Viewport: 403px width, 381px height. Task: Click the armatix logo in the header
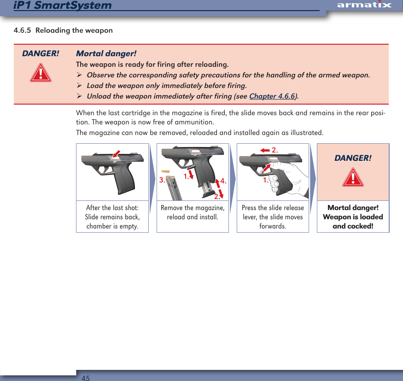click(364, 5)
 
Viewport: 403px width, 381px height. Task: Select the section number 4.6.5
click(22, 31)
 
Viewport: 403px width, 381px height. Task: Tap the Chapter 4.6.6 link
click(273, 96)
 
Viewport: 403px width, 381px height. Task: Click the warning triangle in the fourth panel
click(353, 178)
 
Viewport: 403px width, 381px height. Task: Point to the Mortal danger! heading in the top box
click(106, 54)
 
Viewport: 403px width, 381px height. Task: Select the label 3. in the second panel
click(162, 180)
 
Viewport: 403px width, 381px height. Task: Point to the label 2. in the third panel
click(275, 150)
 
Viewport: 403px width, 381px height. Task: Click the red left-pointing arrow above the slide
click(265, 150)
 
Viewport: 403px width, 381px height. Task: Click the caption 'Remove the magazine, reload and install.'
click(193, 212)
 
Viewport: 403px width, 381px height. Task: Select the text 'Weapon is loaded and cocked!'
click(353, 222)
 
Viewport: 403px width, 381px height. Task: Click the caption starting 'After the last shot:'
click(112, 217)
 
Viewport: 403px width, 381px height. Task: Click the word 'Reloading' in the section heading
click(57, 31)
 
